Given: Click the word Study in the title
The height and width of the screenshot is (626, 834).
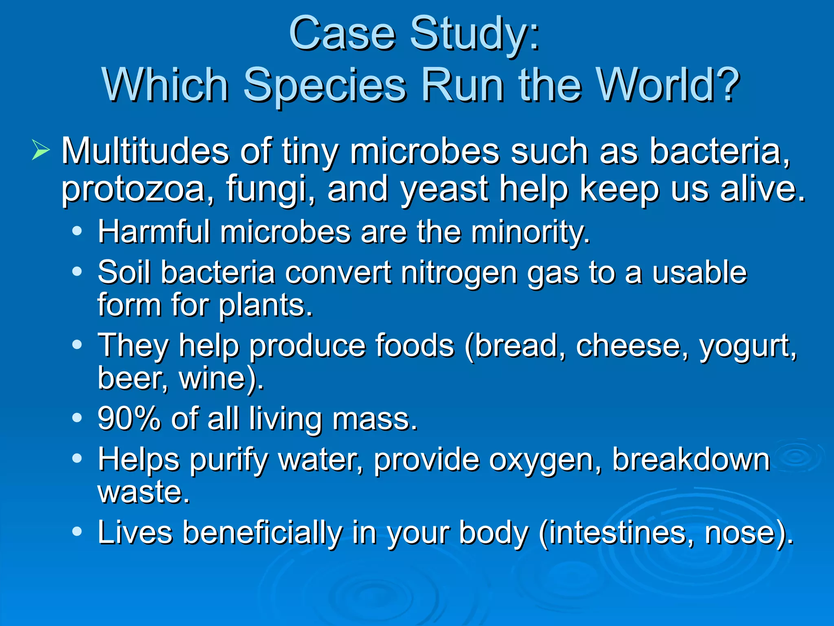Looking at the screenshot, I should pos(468,35).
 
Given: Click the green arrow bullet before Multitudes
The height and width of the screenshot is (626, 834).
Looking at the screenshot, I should pos(40,150).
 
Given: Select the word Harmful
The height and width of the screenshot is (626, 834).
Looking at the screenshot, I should pos(154,231).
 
